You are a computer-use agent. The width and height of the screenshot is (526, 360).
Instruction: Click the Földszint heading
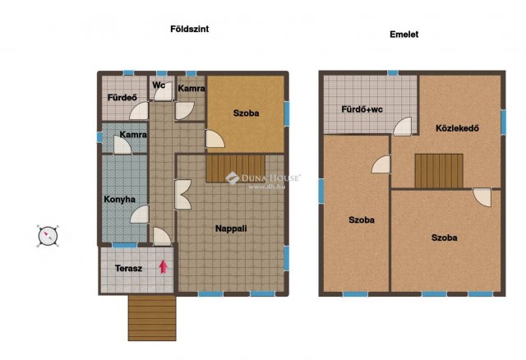(190, 30)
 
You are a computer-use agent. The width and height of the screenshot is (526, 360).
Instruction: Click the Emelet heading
(404, 35)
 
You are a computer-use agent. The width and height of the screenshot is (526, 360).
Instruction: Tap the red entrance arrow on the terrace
(164, 266)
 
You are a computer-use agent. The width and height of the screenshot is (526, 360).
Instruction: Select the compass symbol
(48, 236)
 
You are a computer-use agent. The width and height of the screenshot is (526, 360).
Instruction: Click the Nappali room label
(231, 228)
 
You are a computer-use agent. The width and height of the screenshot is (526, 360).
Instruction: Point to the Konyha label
(119, 199)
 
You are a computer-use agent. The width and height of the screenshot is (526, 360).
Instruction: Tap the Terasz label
(128, 269)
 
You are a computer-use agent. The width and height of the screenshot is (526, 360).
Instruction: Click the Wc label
(159, 85)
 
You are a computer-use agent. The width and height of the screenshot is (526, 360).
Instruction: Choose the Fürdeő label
(122, 98)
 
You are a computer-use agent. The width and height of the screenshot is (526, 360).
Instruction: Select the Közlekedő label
(457, 128)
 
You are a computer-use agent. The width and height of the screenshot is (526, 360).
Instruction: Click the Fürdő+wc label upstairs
(362, 109)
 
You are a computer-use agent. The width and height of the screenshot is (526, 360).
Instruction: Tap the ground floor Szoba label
(247, 113)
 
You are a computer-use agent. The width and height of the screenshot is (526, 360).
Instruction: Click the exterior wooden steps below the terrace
(152, 318)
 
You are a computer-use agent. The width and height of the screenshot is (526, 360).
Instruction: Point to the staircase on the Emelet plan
(439, 171)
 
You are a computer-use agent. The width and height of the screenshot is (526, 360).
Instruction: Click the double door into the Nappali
(182, 195)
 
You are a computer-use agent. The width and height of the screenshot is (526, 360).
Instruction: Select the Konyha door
(139, 214)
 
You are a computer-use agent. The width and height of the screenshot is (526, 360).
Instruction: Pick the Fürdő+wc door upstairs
(402, 126)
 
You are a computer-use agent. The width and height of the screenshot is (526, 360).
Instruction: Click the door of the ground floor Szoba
(215, 139)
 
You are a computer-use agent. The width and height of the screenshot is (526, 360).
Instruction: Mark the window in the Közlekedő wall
(504, 122)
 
